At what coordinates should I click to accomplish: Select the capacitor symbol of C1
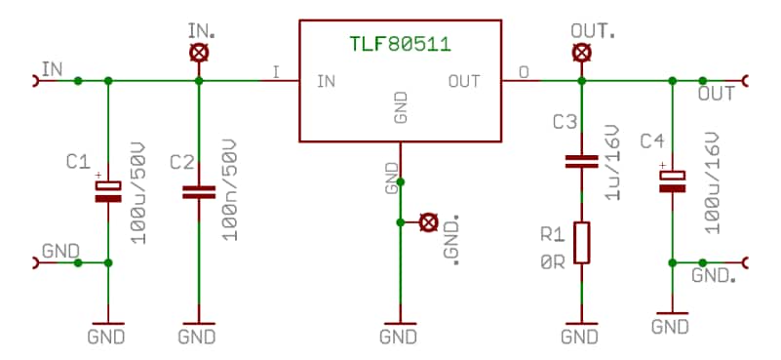[107, 191]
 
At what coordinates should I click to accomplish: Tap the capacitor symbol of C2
[198, 191]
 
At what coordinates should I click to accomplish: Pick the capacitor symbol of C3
[581, 161]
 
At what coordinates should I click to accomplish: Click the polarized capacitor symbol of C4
[672, 180]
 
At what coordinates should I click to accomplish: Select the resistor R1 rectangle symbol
[581, 242]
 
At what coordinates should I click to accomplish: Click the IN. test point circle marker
[198, 53]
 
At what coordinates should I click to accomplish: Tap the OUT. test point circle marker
[581, 53]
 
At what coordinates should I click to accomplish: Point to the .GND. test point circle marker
[427, 222]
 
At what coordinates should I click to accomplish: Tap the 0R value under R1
[552, 260]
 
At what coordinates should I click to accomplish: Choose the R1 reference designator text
[552, 235]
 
